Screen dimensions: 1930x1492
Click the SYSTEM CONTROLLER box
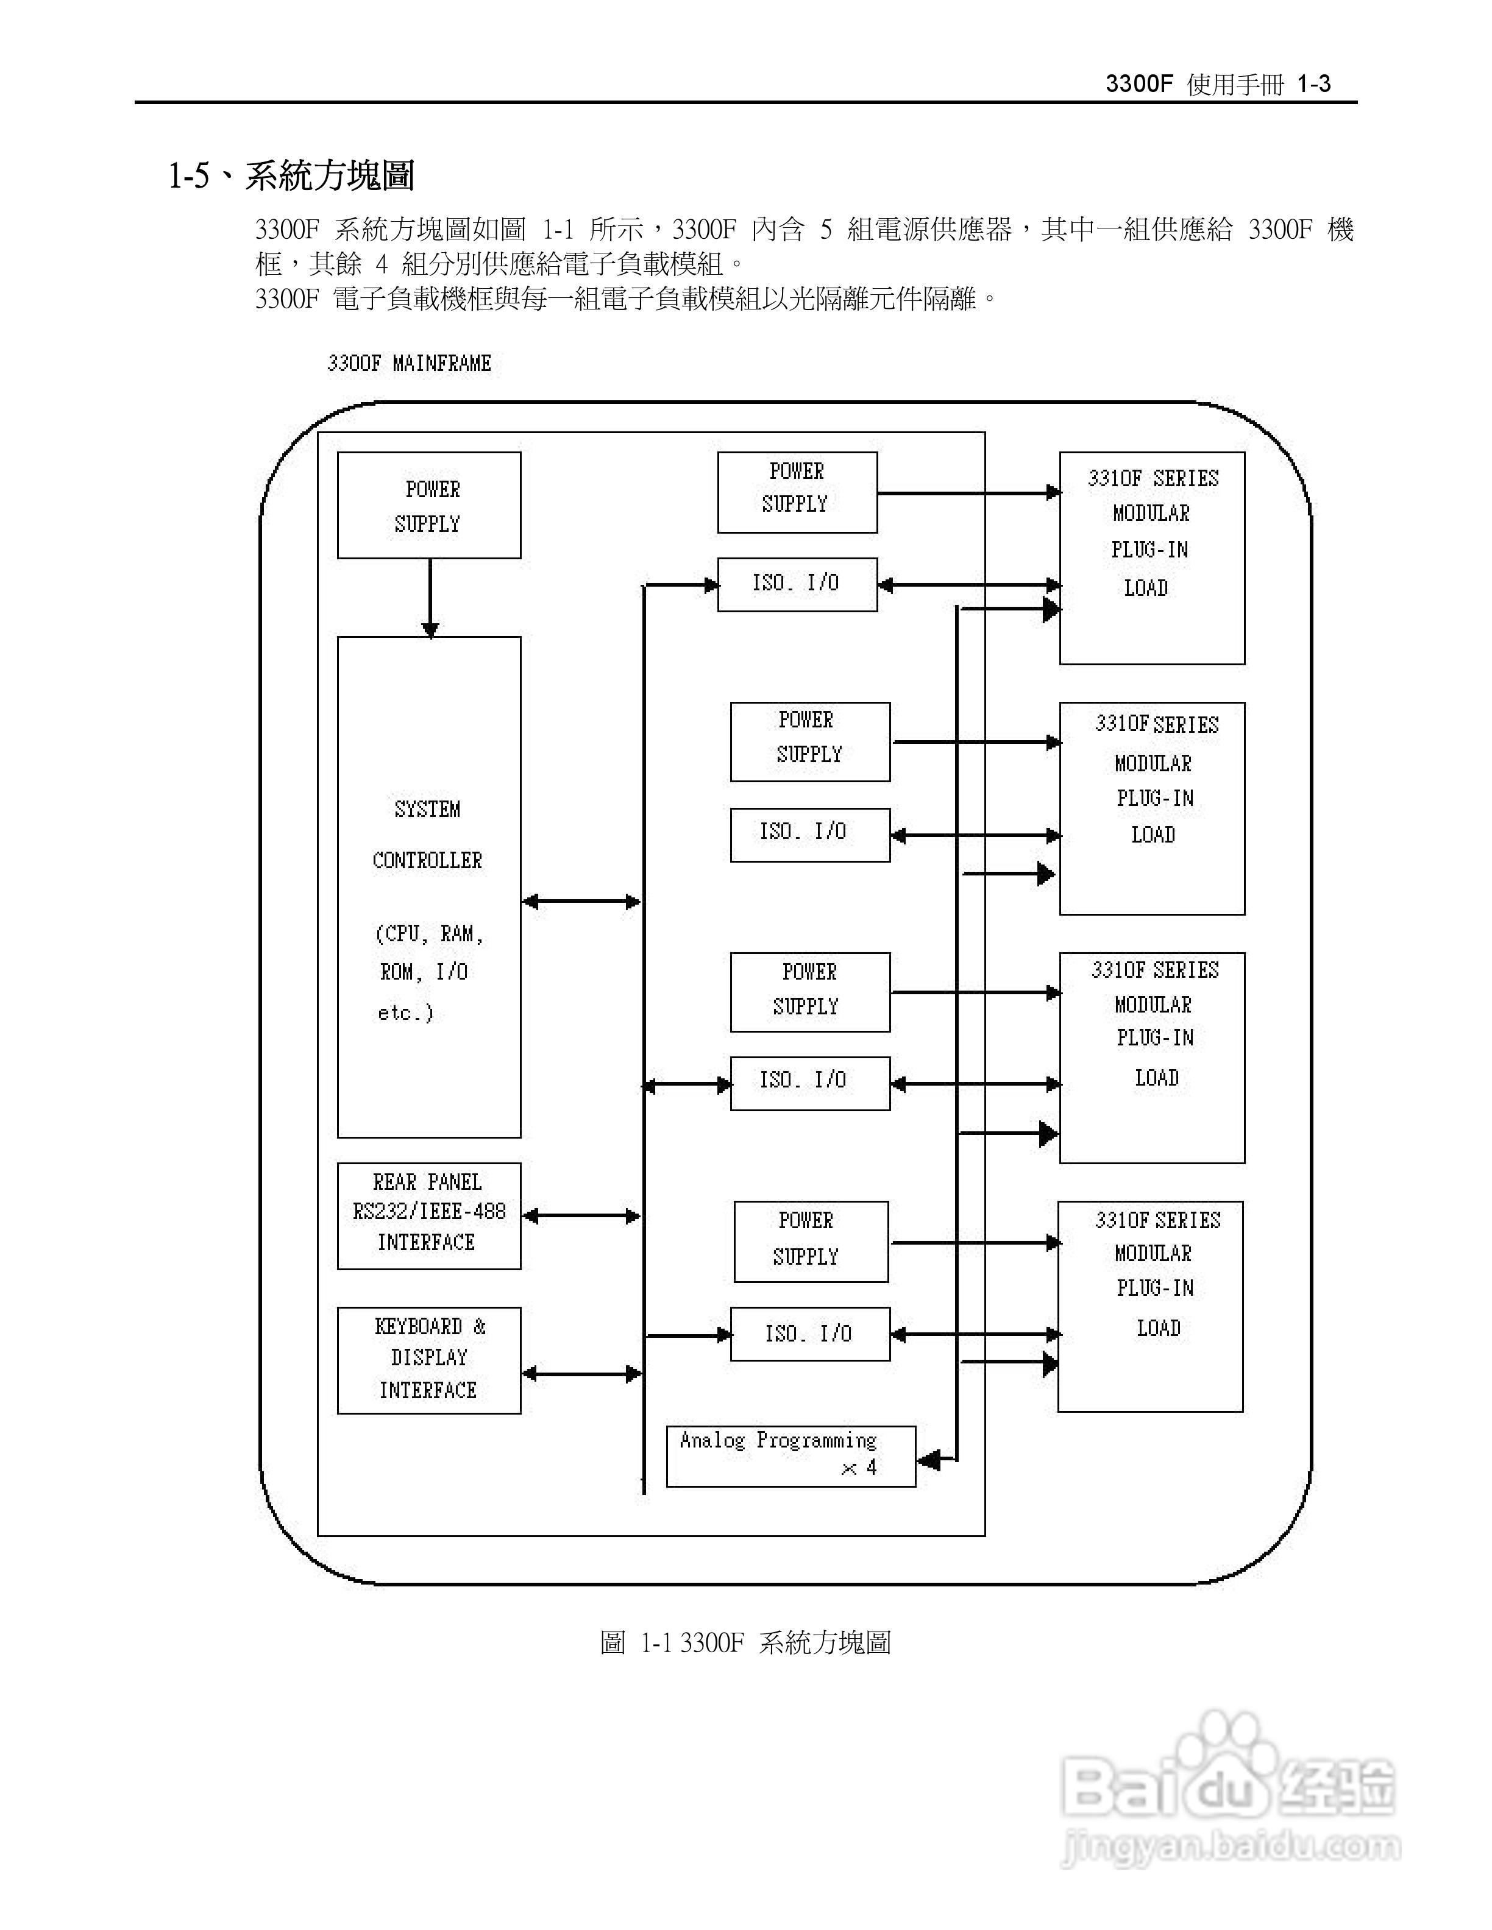[428, 886]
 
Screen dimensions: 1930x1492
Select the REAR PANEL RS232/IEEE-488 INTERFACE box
[428, 1215]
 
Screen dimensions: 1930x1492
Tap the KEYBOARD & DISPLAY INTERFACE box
[428, 1359]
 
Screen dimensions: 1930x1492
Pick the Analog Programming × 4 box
[790, 1455]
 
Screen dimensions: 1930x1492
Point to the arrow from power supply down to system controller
[430, 598]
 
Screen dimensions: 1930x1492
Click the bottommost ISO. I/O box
[809, 1334]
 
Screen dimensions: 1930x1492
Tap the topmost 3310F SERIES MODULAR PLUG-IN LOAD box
[1152, 557]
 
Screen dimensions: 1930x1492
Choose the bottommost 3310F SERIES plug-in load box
[1150, 1305]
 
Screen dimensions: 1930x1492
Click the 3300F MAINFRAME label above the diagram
[408, 363]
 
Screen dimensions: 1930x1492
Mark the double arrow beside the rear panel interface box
[581, 1216]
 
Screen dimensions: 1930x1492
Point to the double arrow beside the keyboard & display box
[581, 1373]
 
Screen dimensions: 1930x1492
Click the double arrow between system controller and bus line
[581, 902]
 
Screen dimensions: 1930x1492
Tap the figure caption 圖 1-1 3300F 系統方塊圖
[745, 1642]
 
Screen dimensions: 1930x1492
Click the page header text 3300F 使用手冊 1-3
[1218, 84]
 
